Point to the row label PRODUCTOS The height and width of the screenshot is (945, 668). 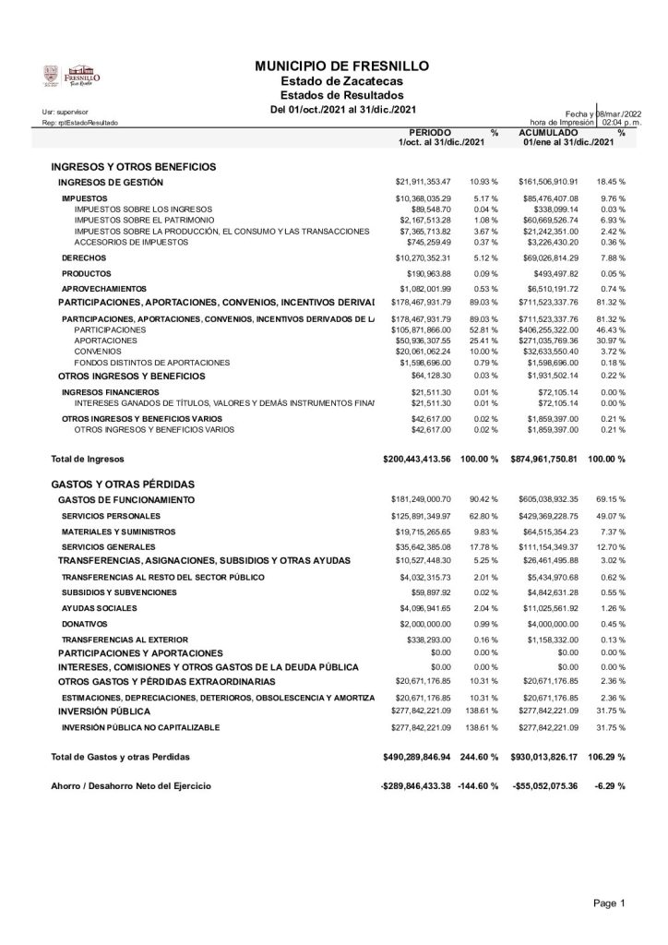(87, 273)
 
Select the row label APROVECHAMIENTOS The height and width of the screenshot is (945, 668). (101, 290)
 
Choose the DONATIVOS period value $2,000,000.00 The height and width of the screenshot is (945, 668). (424, 624)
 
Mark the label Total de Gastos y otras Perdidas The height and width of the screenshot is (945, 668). (120, 757)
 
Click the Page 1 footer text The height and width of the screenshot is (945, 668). (609, 902)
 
